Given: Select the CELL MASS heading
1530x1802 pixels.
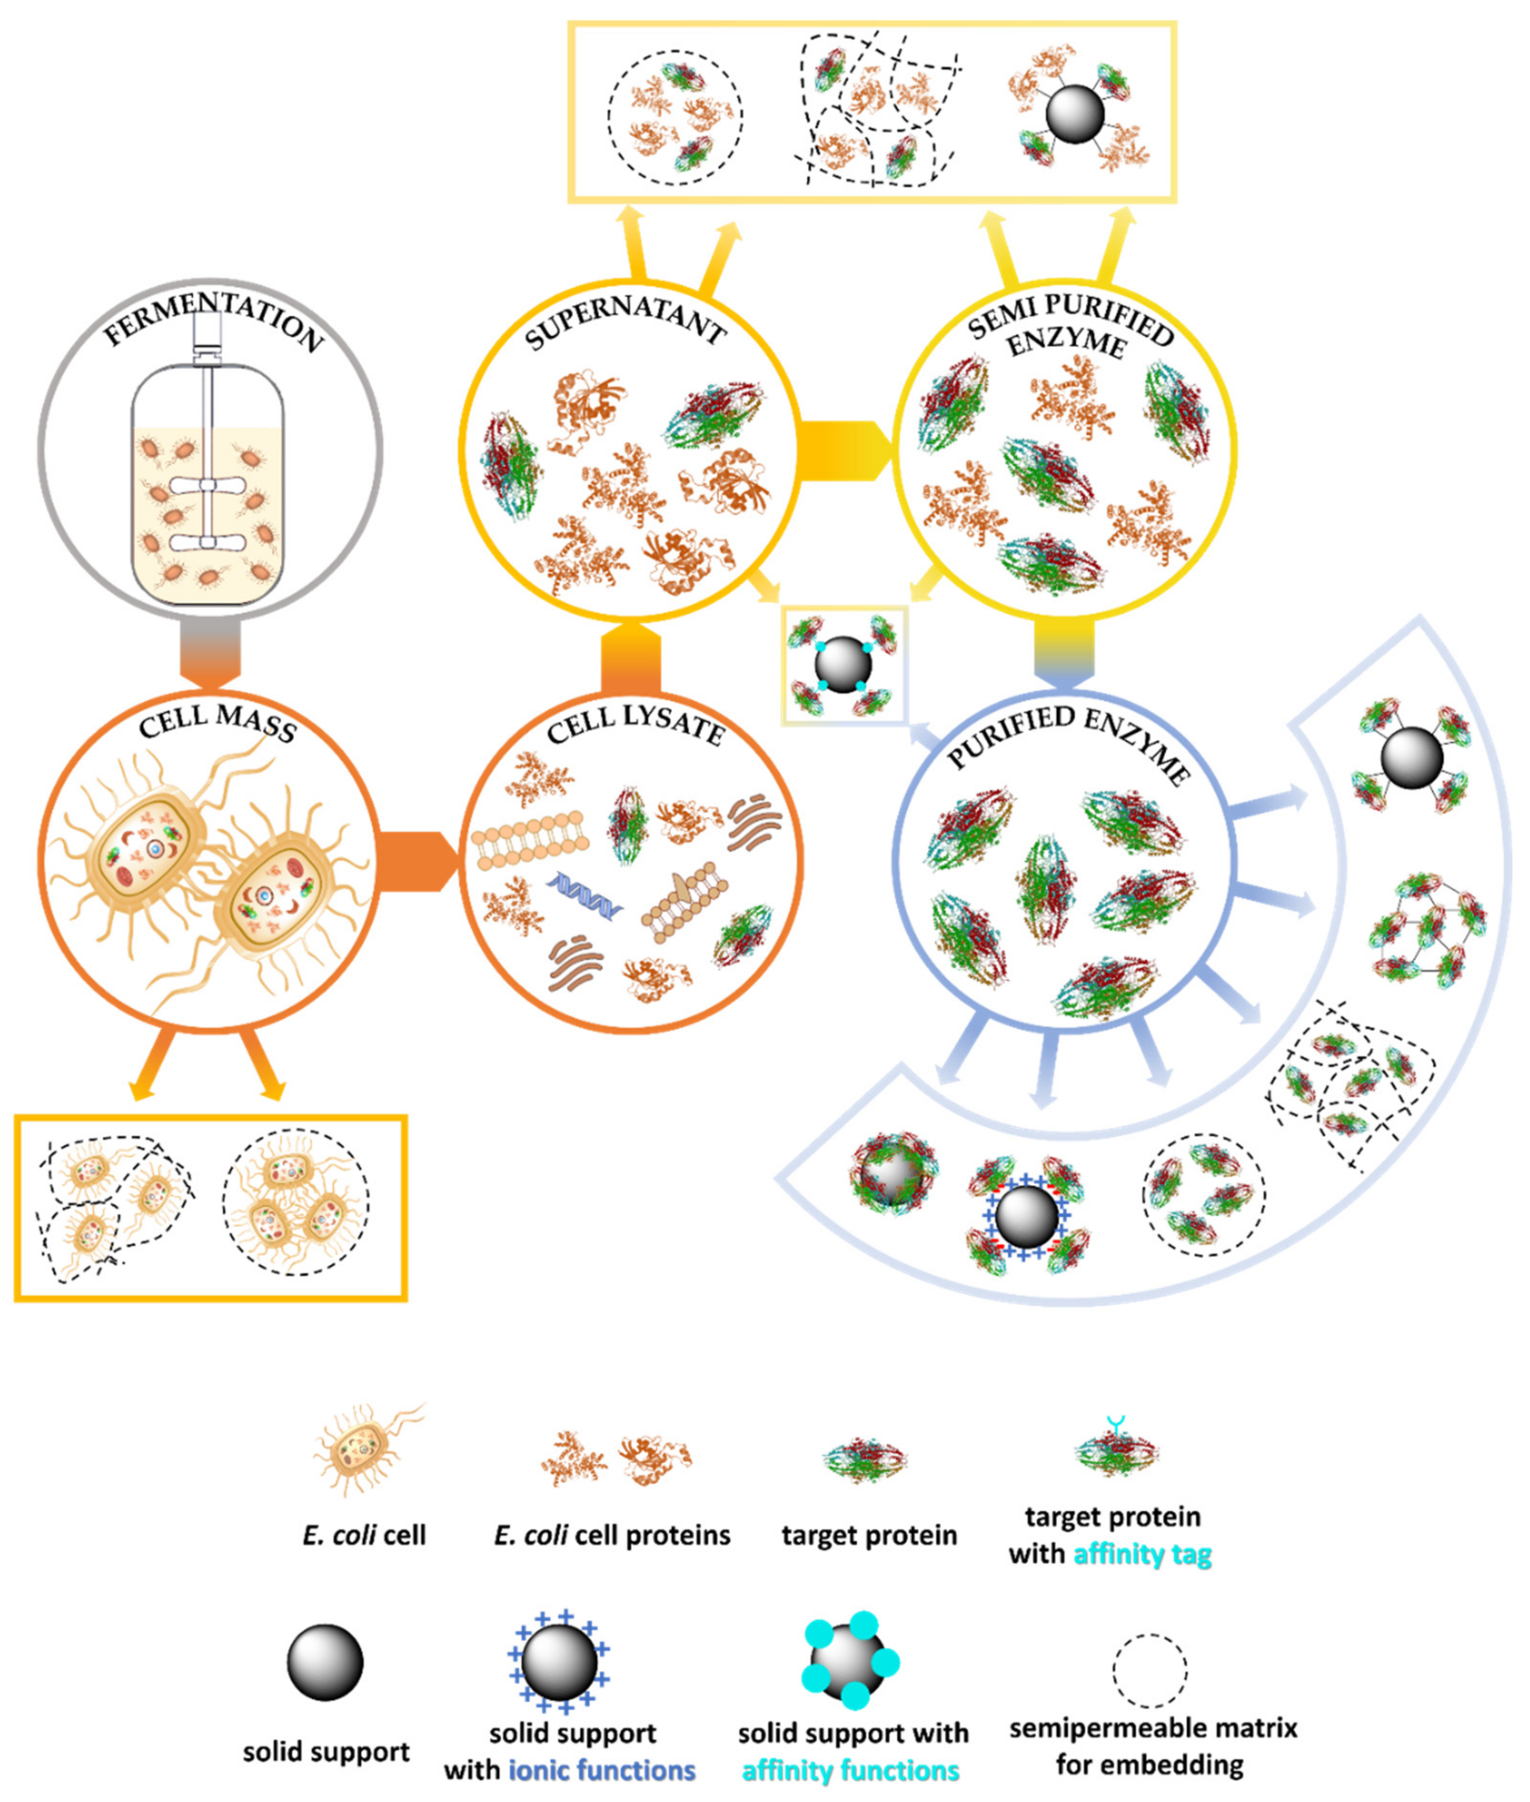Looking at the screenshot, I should (x=217, y=722).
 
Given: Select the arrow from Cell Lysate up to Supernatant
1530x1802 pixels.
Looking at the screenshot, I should (x=630, y=659).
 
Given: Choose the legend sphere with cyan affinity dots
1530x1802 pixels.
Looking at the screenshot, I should (x=850, y=1662).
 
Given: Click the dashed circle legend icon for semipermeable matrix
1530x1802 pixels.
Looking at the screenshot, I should (x=1149, y=1670).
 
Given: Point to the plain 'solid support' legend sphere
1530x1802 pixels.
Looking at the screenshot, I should (x=325, y=1662).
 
